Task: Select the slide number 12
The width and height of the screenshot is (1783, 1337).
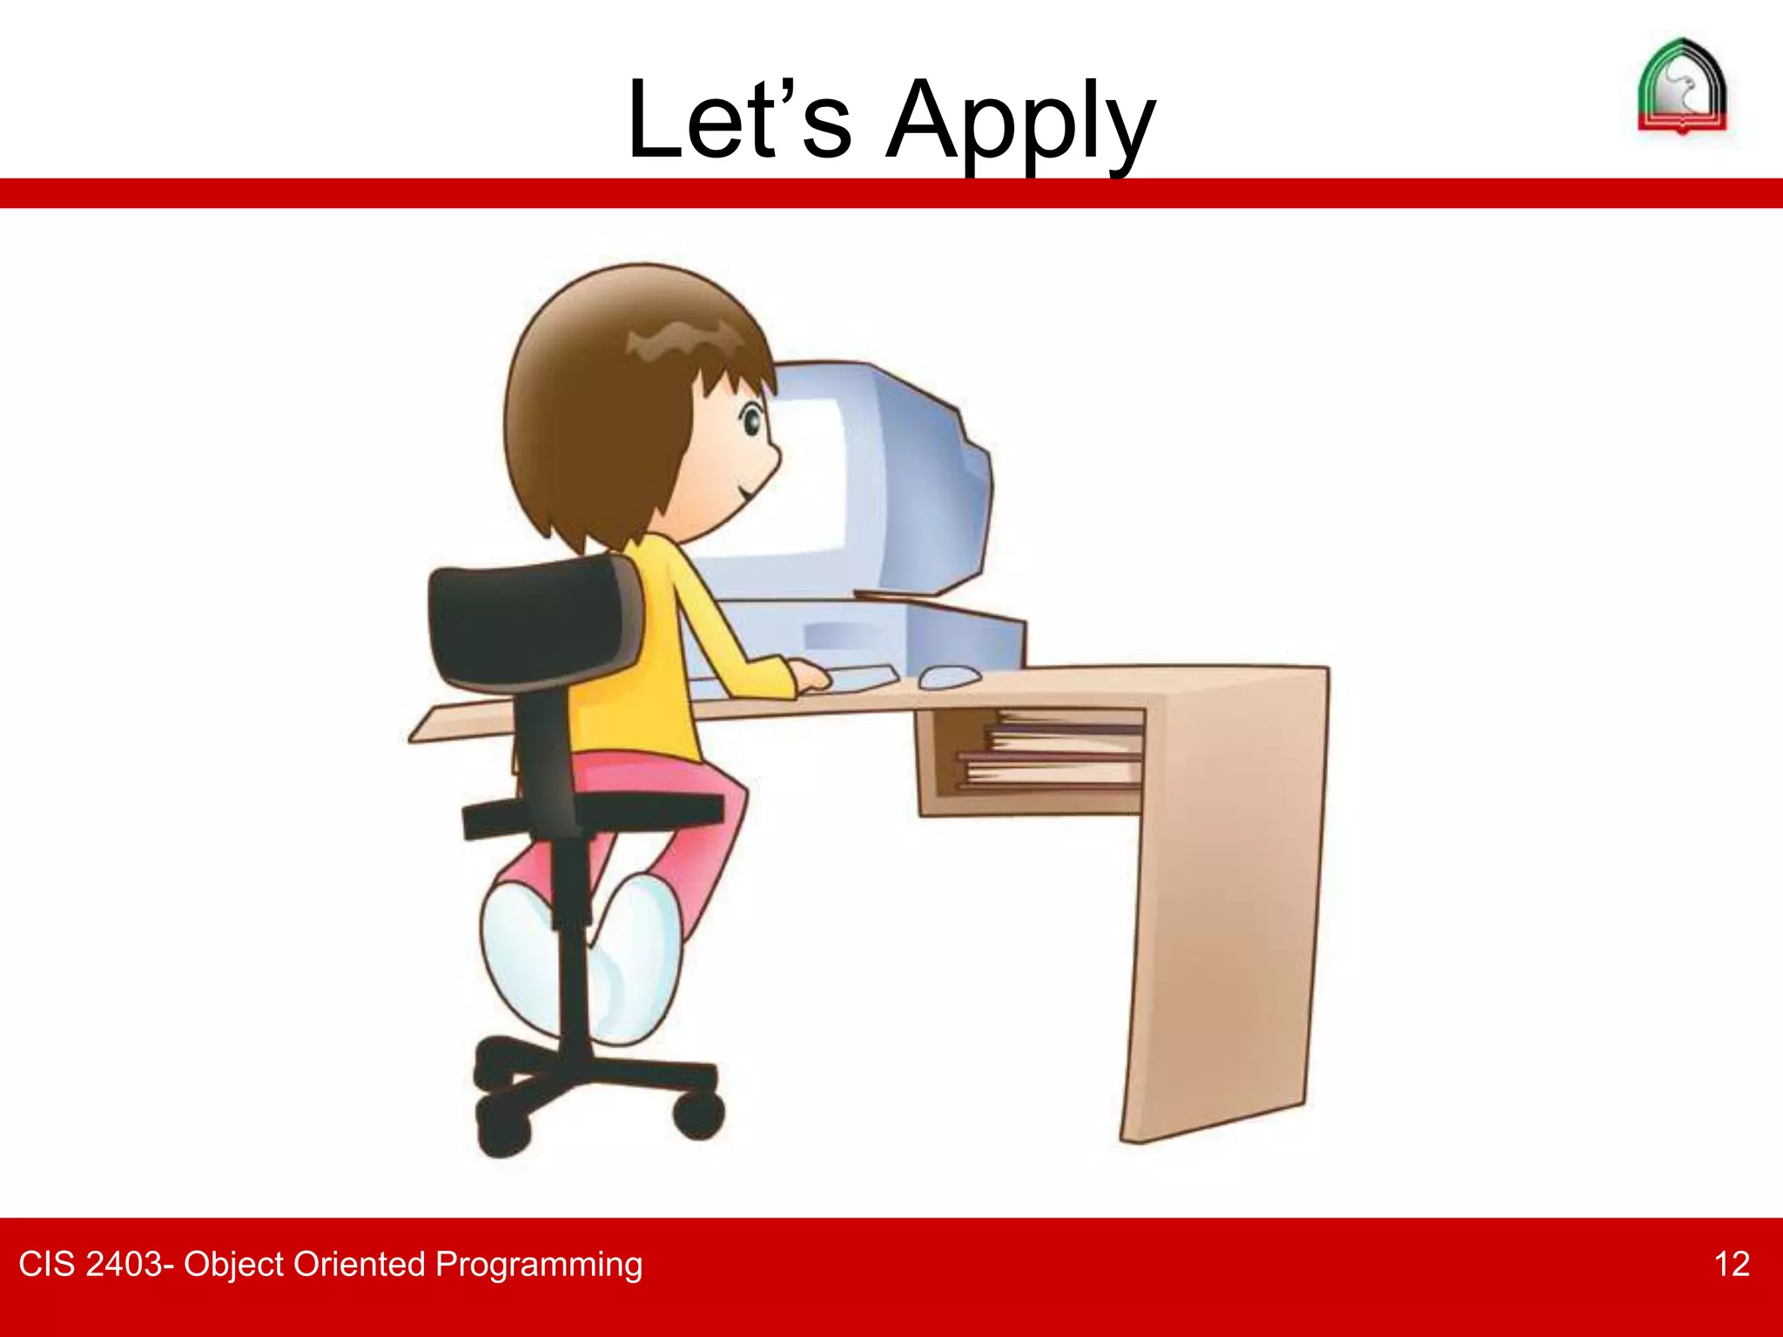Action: [x=1731, y=1264]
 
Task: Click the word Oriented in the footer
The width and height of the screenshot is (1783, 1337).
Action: [x=359, y=1264]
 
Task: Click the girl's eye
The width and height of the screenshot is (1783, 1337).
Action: [x=750, y=423]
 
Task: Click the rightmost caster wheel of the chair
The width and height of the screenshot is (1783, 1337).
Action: [x=698, y=1116]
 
